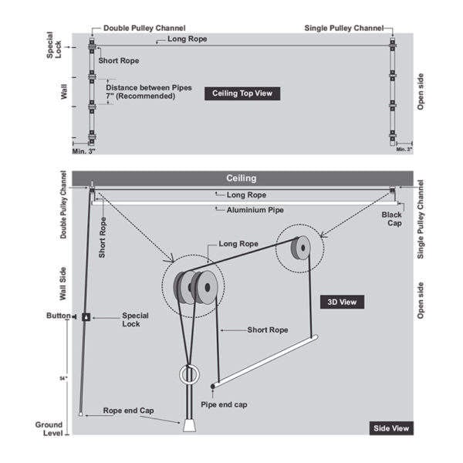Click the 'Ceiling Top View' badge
pos(242,93)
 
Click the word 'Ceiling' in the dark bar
pos(241,178)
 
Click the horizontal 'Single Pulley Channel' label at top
pos(344,28)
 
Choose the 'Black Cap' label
pos(394,221)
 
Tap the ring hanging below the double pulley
pos(188,376)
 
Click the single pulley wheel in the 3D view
pos(297,248)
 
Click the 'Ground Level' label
pos(49,429)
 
